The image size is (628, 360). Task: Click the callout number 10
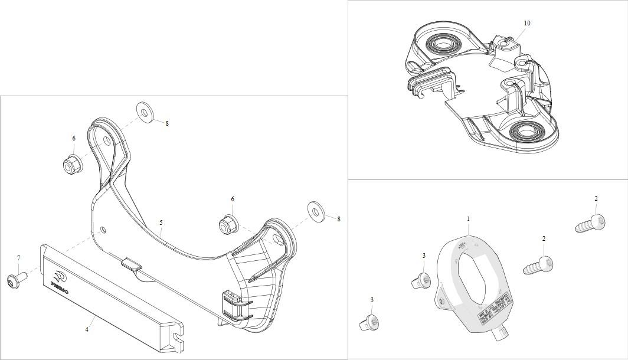click(527, 23)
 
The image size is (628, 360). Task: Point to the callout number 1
click(469, 219)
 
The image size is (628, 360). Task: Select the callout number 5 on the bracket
click(161, 222)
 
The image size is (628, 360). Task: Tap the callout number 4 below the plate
click(87, 329)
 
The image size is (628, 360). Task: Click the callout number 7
click(18, 258)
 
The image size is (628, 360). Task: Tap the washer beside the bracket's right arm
click(315, 210)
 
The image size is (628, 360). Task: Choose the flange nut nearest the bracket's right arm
click(227, 224)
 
